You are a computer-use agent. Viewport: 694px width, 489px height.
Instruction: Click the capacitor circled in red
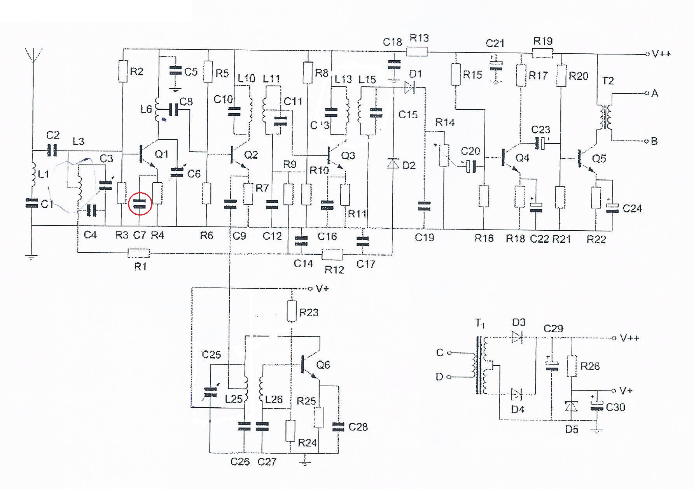click(x=140, y=203)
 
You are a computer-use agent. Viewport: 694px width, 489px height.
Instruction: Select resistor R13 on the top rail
click(x=417, y=51)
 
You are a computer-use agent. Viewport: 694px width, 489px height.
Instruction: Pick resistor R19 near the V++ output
click(x=542, y=53)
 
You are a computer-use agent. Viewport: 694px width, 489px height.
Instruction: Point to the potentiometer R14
click(x=444, y=156)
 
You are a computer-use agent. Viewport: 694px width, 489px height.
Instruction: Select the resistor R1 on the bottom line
click(x=139, y=254)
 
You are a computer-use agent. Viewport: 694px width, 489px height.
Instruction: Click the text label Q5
click(x=599, y=159)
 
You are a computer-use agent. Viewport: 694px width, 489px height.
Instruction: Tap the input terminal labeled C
click(x=449, y=353)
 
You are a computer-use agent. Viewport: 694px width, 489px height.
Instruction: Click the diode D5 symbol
click(x=571, y=407)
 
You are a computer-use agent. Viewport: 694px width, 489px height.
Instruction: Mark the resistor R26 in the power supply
click(x=571, y=366)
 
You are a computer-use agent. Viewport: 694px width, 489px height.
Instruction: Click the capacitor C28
click(x=338, y=427)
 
